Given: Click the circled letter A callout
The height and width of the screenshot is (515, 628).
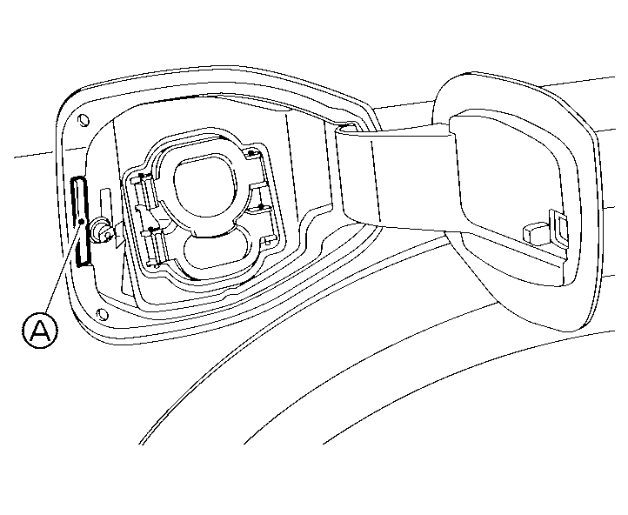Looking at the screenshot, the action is click(x=40, y=331).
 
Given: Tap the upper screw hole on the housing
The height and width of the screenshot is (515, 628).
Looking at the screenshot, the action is click(x=84, y=120).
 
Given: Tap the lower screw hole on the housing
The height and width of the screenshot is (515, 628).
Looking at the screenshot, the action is click(x=103, y=314).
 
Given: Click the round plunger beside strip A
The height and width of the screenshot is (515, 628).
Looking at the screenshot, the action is click(x=100, y=231).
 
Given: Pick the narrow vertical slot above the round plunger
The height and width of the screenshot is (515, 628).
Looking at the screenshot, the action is click(x=106, y=202).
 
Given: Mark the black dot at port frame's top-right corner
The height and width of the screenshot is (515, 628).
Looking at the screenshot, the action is click(x=251, y=153).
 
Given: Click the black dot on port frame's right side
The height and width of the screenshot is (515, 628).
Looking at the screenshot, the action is click(x=261, y=207).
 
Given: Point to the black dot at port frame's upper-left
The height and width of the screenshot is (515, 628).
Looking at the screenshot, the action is click(x=141, y=176).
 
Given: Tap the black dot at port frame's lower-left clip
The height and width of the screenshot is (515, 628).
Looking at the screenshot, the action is click(x=150, y=230).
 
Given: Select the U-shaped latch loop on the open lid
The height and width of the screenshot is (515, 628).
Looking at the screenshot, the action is click(x=558, y=227).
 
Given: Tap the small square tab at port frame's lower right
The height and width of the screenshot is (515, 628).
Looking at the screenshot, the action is click(x=269, y=240).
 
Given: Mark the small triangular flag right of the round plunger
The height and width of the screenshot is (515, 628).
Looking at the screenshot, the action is click(x=120, y=236).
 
